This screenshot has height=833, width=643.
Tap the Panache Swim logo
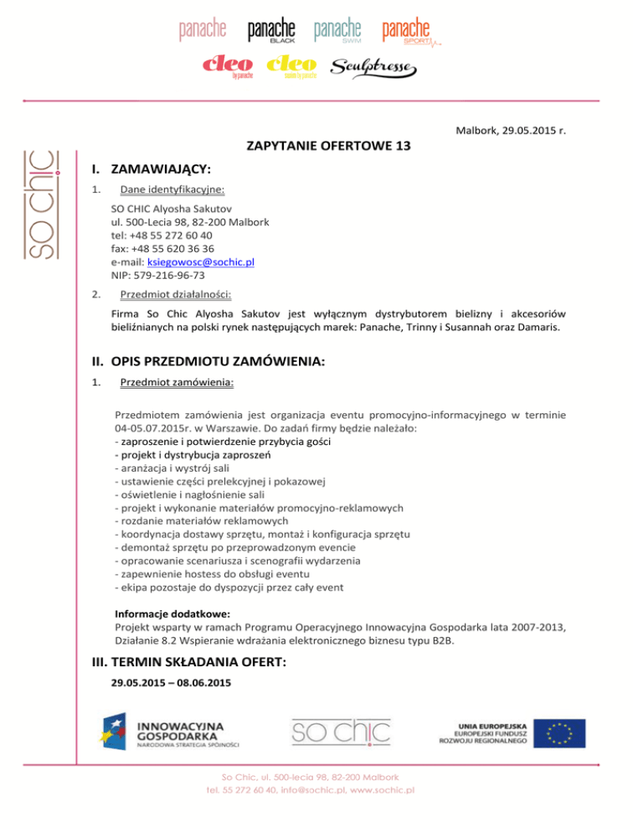(x=338, y=32)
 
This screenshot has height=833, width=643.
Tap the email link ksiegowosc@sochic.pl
(x=201, y=261)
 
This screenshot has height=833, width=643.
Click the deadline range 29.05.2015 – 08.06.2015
(x=170, y=684)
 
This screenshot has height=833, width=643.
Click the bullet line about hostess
(x=216, y=574)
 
